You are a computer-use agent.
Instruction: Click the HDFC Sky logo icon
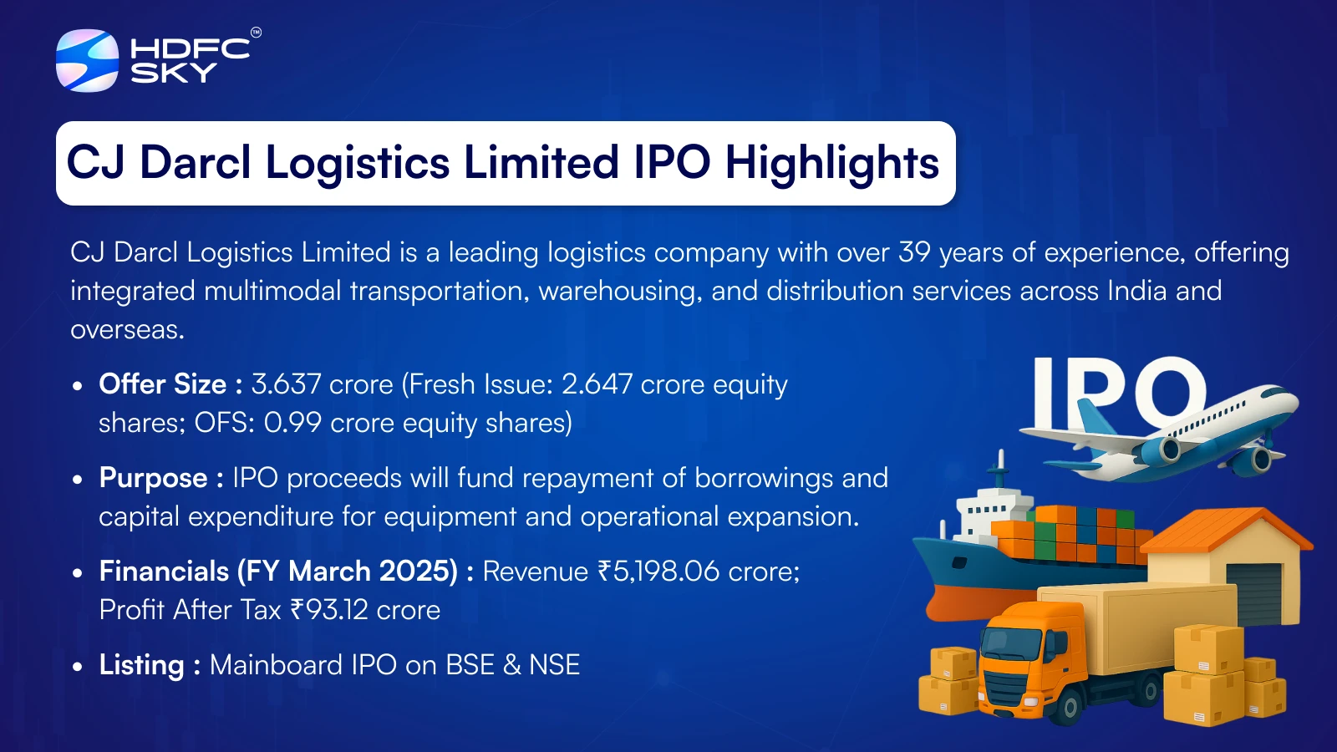[x=87, y=60]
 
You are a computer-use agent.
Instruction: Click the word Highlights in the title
[x=832, y=164]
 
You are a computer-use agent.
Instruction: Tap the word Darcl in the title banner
[x=196, y=162]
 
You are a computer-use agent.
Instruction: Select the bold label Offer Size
[x=162, y=384]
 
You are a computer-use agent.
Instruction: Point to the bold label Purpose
[x=153, y=478]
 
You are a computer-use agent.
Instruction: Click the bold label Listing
[x=141, y=665]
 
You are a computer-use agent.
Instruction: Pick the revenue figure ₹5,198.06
[x=658, y=572]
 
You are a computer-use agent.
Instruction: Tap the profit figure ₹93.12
[x=329, y=609]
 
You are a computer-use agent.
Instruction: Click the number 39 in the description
[x=914, y=252]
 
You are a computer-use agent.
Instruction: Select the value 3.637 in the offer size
[x=287, y=384]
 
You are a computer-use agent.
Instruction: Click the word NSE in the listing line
[x=555, y=665]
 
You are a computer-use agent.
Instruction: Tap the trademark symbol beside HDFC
[x=256, y=33]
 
